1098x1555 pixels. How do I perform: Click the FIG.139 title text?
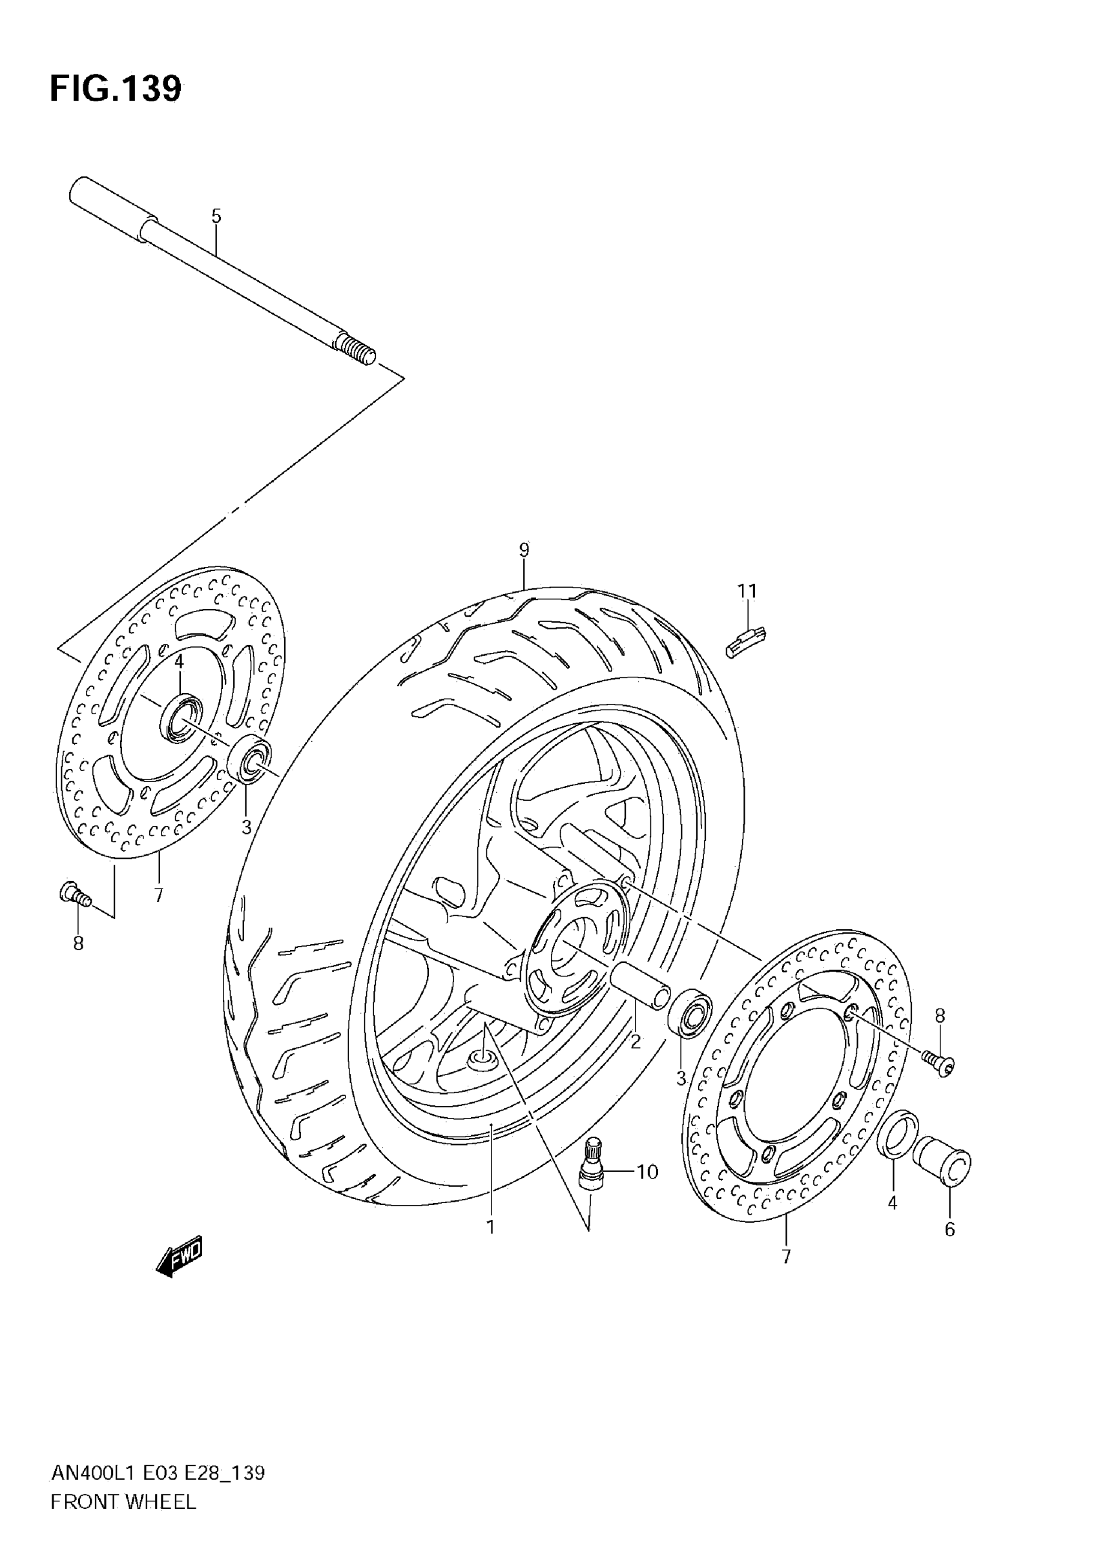point(115,88)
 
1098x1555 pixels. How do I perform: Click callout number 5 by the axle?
point(216,217)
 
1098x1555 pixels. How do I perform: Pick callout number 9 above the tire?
point(524,550)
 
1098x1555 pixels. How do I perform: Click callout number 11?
point(747,592)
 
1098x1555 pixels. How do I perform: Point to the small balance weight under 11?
point(745,640)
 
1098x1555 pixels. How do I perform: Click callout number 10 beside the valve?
point(648,1171)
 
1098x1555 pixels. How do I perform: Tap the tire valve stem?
point(592,1163)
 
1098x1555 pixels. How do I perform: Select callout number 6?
point(949,1230)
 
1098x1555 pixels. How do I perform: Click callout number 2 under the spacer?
point(636,1042)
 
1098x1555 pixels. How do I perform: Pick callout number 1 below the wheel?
point(490,1226)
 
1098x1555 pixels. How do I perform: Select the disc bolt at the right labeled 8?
point(940,1066)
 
